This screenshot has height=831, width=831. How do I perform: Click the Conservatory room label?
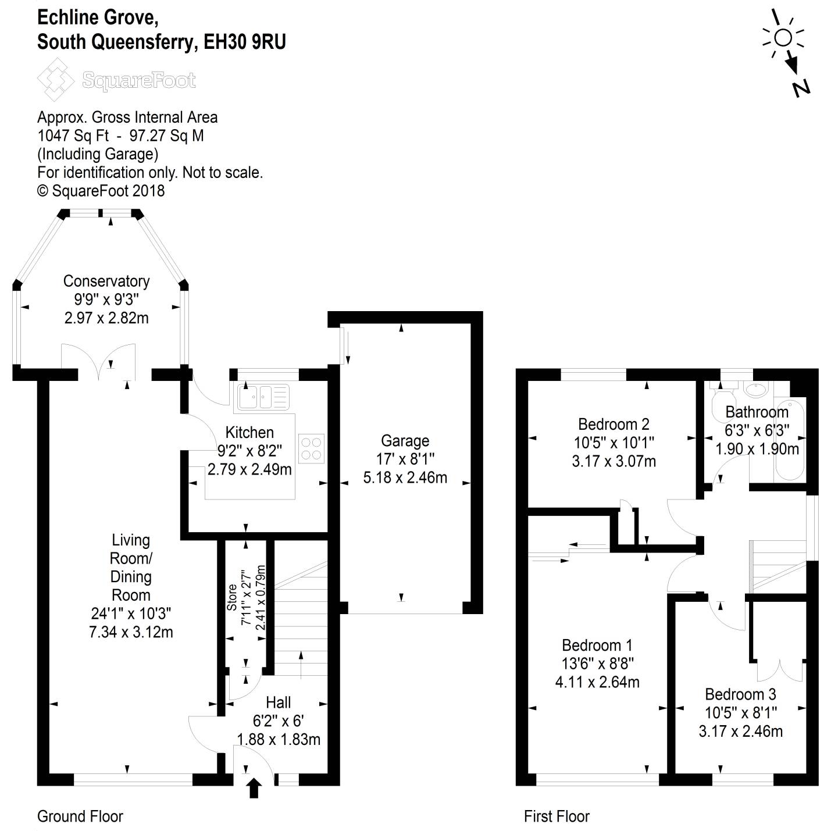106,281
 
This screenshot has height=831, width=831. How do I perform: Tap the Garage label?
405,441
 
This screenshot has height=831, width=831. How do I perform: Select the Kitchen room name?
249,433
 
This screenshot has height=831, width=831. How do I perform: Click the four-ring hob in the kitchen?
311,448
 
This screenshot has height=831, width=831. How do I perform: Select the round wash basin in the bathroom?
757,390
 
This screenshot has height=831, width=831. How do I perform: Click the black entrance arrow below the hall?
254,789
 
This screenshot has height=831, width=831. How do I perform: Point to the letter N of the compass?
801,88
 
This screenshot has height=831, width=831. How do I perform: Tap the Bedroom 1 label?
597,645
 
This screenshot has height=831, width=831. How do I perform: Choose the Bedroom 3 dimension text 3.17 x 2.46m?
740,731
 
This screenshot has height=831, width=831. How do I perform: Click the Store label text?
232,597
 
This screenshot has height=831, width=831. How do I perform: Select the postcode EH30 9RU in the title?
245,42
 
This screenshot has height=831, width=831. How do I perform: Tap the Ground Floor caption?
80,816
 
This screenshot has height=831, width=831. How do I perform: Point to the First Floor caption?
557,816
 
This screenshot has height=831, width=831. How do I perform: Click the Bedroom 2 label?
614,425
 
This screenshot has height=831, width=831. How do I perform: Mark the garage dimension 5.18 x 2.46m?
405,478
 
